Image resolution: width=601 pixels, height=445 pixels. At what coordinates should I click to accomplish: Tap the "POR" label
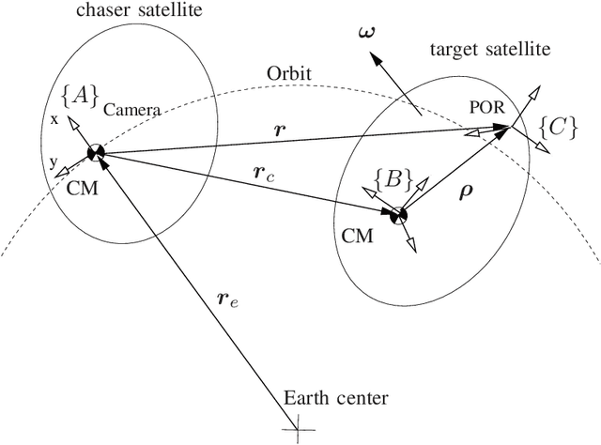coord(485,108)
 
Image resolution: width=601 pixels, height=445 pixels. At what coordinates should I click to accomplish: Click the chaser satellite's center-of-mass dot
coord(95,153)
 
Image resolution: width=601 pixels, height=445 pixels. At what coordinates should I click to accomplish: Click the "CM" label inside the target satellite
coord(359,236)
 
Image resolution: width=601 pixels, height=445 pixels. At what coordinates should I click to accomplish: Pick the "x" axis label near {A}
coord(54,119)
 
